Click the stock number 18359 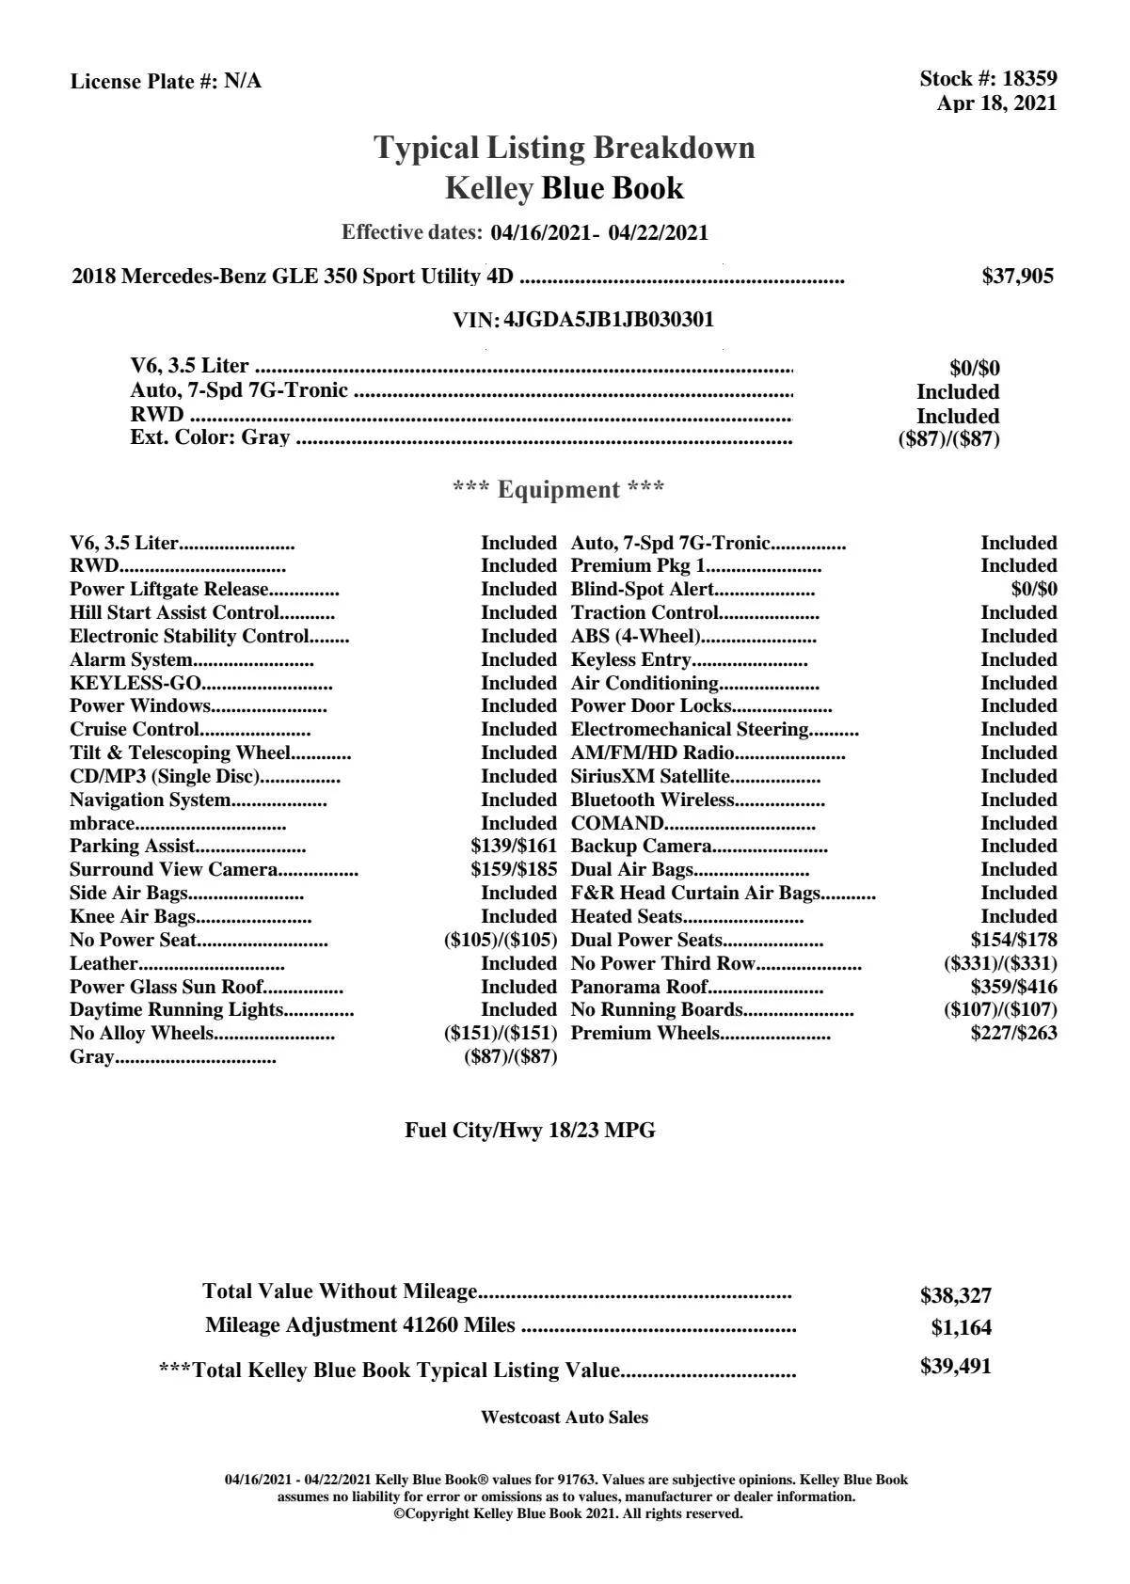click(x=1029, y=79)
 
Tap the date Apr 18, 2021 click(x=996, y=103)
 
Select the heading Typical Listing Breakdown click(x=565, y=148)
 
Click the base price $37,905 click(x=1017, y=277)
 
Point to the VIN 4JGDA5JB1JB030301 click(x=609, y=320)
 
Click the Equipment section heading click(x=559, y=490)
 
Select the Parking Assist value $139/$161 click(x=514, y=847)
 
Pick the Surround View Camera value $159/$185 click(x=514, y=870)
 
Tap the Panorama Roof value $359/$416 click(x=1013, y=988)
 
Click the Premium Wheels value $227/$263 click(x=1013, y=1034)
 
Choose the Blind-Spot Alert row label click(x=643, y=590)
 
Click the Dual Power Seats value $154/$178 click(x=1013, y=941)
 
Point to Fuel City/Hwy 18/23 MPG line click(x=530, y=1132)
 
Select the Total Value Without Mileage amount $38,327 click(x=955, y=1296)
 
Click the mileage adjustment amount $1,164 click(x=961, y=1329)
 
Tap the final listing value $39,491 click(x=955, y=1367)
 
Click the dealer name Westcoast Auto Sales click(x=564, y=1418)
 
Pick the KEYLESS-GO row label click(x=135, y=684)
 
